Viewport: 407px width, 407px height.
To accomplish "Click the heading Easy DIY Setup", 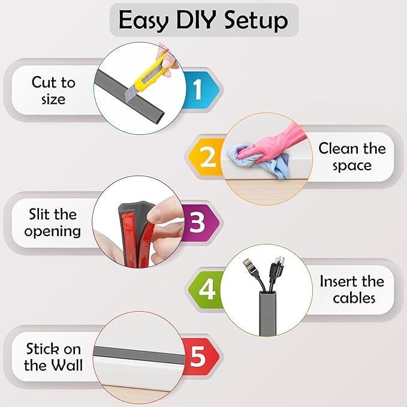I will tap(203, 20).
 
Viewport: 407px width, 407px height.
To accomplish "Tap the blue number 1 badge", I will tap(197, 90).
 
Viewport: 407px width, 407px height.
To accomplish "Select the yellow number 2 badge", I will tap(207, 158).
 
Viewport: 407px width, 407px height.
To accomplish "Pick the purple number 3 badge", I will tap(197, 222).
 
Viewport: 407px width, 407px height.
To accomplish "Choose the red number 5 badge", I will tap(198, 357).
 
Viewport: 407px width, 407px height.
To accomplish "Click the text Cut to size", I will tap(53, 91).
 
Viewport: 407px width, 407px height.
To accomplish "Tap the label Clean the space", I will tap(352, 156).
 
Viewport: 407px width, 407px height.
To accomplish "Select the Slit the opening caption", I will tap(53, 222).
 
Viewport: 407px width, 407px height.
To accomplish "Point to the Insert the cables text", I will tap(352, 289).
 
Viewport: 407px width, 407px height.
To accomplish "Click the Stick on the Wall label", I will tap(53, 357).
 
